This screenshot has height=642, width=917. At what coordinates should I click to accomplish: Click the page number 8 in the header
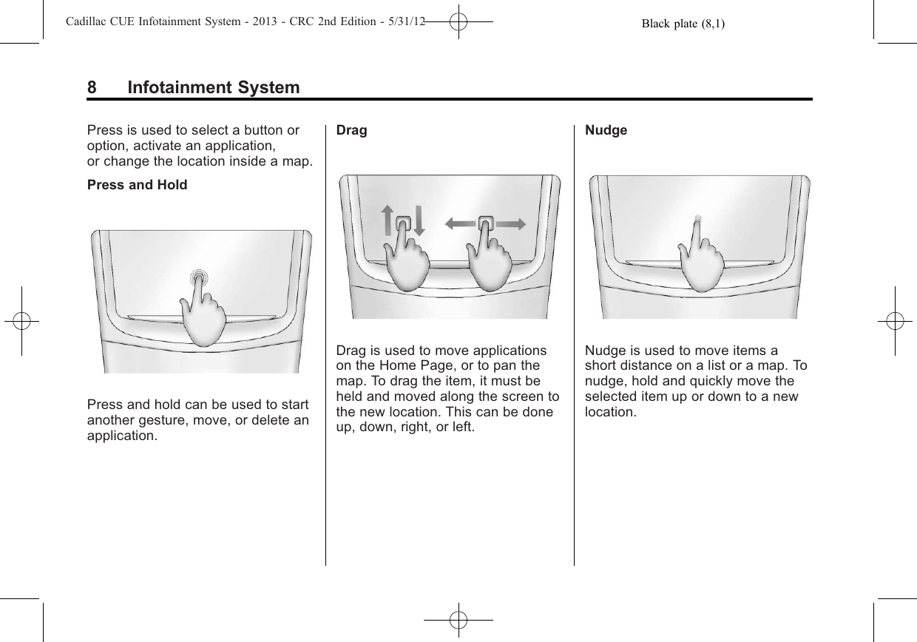click(x=92, y=88)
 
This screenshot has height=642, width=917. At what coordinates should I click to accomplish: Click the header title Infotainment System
click(x=214, y=88)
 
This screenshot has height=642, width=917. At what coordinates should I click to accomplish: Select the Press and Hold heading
click(x=137, y=184)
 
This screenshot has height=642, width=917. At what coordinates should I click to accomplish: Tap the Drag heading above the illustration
click(x=351, y=130)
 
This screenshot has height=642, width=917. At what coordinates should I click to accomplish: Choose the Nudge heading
click(x=606, y=130)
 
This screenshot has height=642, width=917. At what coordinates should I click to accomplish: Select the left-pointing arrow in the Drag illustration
click(x=458, y=223)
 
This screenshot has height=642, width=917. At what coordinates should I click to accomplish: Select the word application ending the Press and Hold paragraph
click(x=121, y=435)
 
